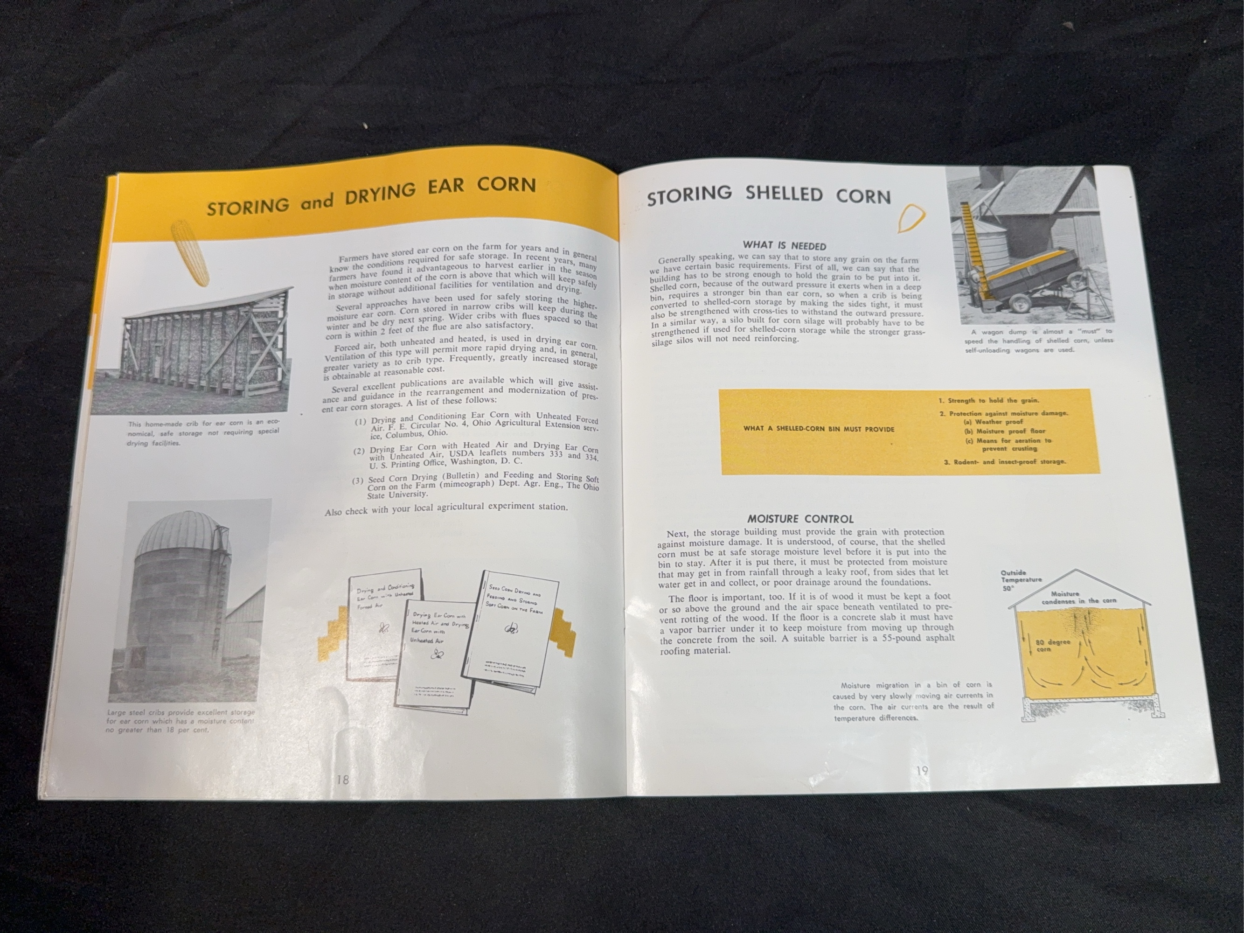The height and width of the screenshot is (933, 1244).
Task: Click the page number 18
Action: tap(342, 780)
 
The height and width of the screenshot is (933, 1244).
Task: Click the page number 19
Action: tap(922, 771)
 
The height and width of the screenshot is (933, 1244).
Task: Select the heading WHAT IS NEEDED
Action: tap(784, 246)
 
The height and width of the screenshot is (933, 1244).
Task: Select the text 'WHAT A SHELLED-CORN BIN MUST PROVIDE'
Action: tap(818, 429)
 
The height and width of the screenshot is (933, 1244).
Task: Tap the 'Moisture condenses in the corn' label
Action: tap(1078, 597)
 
